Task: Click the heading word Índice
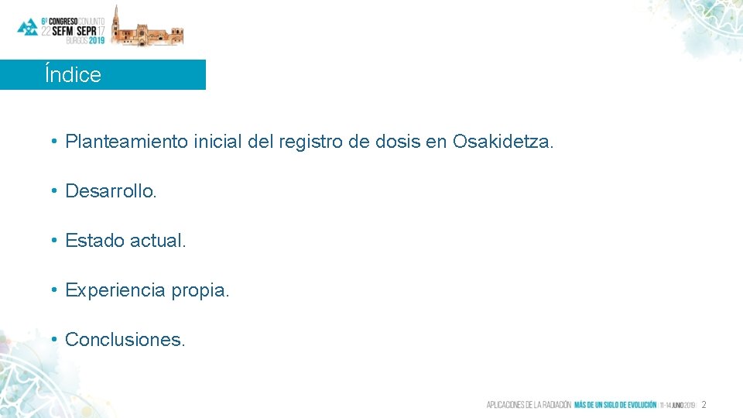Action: click(x=73, y=75)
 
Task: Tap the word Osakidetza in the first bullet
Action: click(x=503, y=142)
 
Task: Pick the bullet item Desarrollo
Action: click(x=111, y=191)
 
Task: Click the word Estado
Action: click(x=95, y=241)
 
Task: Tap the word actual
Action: click(x=159, y=241)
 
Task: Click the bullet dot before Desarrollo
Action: click(x=56, y=191)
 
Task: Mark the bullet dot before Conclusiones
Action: click(x=56, y=340)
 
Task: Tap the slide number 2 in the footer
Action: click(x=704, y=405)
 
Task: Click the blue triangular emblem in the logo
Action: click(x=27, y=27)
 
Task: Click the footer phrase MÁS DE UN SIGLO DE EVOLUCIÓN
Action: click(x=615, y=405)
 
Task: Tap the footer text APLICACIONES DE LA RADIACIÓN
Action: click(x=529, y=405)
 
